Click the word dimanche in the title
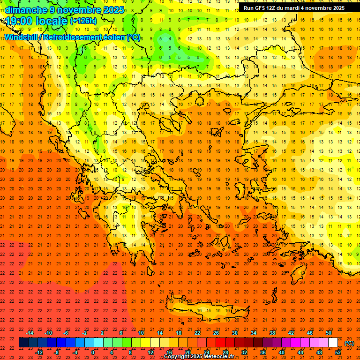[x=25, y=10]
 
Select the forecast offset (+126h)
[x=83, y=21]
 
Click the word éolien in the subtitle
[x=111, y=37]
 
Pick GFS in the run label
[x=262, y=8]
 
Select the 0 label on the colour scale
[x=93, y=352]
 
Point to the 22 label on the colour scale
[x=197, y=333]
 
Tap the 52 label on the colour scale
[x=338, y=352]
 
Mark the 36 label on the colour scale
[x=263, y=352]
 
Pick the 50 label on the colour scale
[x=329, y=333]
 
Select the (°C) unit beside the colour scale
[x=349, y=343]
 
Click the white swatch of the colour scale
[x=333, y=343]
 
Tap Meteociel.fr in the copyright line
[x=218, y=357]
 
